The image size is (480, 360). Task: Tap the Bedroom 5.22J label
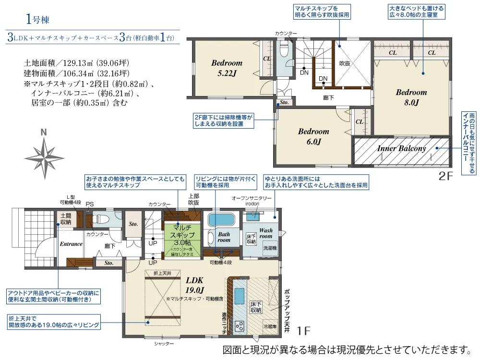coord(227,68)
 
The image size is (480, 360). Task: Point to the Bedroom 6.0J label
coord(313,136)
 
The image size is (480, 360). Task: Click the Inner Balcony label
coord(401,149)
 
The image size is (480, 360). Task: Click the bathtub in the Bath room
coord(220,220)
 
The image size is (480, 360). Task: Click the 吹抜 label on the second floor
coord(345,63)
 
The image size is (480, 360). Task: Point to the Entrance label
coord(71,244)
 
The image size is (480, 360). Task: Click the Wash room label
coord(265,233)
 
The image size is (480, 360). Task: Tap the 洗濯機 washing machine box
coord(269,249)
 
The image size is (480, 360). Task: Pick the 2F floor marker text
coord(446,176)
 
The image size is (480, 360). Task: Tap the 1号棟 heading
coord(37,20)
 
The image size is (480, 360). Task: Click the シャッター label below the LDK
coord(164,344)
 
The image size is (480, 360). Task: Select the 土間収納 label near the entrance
coord(66,219)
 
